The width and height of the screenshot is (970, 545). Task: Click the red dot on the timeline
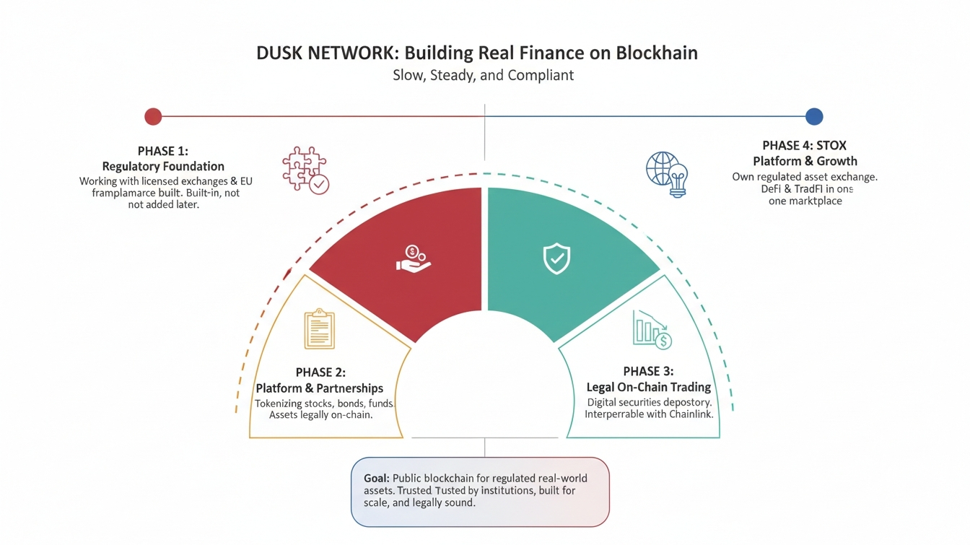click(153, 116)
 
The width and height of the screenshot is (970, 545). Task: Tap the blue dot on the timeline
click(814, 116)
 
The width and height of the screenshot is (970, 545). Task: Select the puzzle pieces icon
click(305, 170)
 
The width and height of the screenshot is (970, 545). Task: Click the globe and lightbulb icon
click(666, 173)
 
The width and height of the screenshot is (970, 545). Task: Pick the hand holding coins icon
click(413, 258)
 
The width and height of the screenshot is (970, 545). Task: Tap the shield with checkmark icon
click(556, 258)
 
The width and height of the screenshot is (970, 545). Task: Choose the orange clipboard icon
click(319, 330)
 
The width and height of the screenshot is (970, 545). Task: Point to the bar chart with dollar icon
click(652, 330)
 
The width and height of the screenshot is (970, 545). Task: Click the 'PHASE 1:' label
click(162, 151)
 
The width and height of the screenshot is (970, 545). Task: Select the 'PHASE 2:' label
click(320, 372)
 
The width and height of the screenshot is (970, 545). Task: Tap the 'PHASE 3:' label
click(648, 371)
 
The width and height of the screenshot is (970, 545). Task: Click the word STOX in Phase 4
click(831, 146)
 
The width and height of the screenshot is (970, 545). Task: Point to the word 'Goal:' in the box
click(377, 479)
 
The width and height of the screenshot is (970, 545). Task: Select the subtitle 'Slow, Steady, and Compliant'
click(483, 75)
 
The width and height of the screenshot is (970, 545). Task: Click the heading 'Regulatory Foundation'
click(163, 166)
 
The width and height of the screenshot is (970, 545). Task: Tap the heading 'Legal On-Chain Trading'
click(648, 388)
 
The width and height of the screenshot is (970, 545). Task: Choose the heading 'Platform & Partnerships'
click(320, 388)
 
